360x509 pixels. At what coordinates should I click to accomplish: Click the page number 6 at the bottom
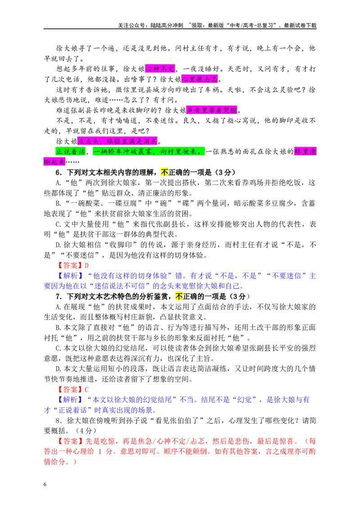click(x=45, y=484)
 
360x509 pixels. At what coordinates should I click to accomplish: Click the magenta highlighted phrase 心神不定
click(x=160, y=69)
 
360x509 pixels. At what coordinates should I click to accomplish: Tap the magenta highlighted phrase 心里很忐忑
click(x=200, y=79)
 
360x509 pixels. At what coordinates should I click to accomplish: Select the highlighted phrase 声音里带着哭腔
click(x=212, y=110)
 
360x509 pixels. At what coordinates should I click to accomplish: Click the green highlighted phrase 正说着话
click(x=71, y=152)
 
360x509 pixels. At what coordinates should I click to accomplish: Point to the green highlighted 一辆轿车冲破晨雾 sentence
click(x=149, y=152)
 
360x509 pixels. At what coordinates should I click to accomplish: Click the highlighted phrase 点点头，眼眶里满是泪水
click(x=117, y=141)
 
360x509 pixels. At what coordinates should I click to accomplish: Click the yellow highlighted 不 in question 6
click(x=165, y=172)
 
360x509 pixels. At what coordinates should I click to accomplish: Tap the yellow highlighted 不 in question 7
click(x=179, y=296)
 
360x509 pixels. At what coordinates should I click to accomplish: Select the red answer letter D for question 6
click(x=87, y=266)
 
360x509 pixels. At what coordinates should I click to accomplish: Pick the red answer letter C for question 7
click(x=86, y=389)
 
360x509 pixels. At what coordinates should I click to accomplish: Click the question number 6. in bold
click(x=59, y=172)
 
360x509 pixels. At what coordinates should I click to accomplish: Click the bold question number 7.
click(x=59, y=296)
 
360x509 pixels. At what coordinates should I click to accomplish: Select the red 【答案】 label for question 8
click(x=70, y=441)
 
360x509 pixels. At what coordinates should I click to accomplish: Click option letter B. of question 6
click(x=58, y=204)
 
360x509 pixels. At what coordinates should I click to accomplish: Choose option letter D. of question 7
click(x=58, y=369)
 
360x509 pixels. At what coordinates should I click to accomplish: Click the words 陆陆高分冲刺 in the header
click(x=166, y=25)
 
